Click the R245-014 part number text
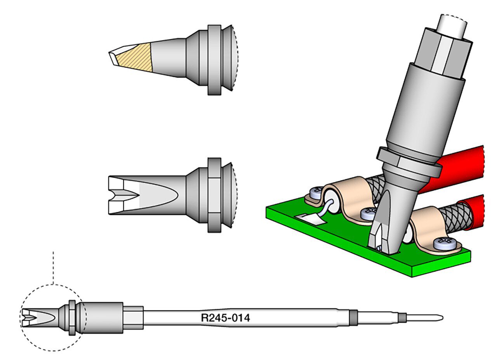tap(225, 318)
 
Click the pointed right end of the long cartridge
tap(443, 318)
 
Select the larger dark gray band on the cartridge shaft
tap(353, 318)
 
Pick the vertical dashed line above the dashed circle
tap(53, 268)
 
